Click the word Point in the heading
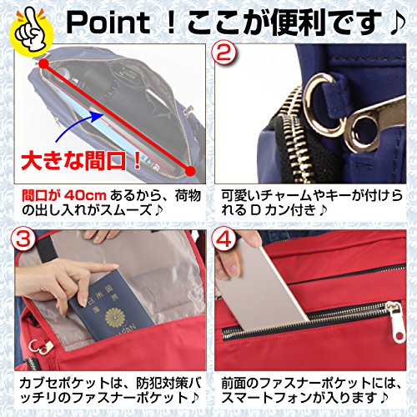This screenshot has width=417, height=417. [x=108, y=23]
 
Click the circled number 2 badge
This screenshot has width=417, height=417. [x=224, y=53]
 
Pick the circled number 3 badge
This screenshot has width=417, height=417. [x=23, y=240]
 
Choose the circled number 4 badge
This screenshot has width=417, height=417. [x=224, y=240]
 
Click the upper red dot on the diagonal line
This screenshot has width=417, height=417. [x=43, y=63]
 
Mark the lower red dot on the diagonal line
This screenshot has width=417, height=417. [x=189, y=171]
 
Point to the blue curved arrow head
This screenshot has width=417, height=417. [x=98, y=116]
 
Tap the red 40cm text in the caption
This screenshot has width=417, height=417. [x=85, y=196]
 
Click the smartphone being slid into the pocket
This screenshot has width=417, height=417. [x=263, y=289]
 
